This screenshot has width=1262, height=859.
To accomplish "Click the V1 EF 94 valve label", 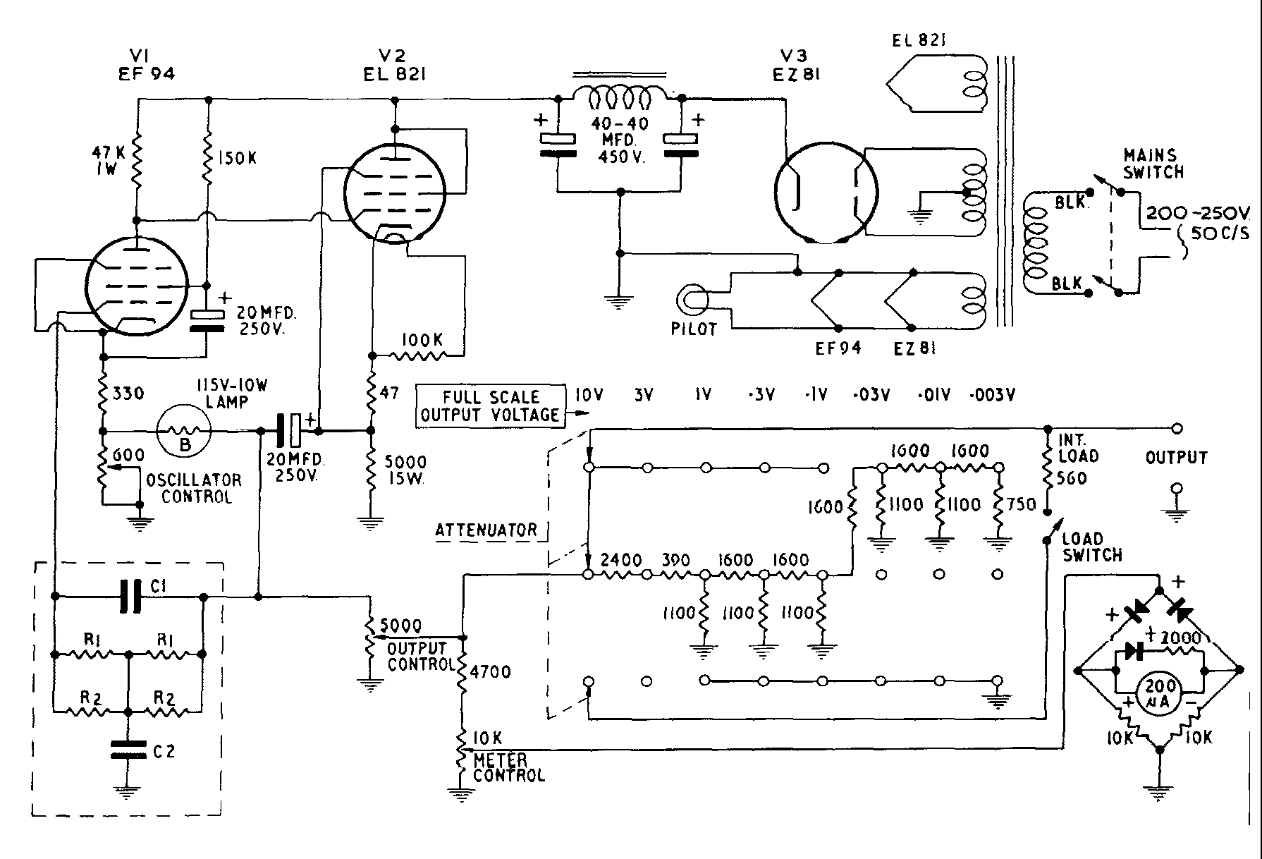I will [146, 64].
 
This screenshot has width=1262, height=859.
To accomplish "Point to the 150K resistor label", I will [237, 159].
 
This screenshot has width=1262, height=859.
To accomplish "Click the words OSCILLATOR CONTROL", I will [195, 488].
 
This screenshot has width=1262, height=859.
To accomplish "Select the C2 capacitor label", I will [164, 752].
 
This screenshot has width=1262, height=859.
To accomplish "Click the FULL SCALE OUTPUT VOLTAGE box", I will [491, 406].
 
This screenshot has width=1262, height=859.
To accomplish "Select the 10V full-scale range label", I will [588, 396].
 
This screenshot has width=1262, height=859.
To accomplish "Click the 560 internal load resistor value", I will [1072, 479].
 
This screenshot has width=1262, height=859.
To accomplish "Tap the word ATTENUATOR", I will [486, 530].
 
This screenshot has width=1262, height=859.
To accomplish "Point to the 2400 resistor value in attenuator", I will [620, 561].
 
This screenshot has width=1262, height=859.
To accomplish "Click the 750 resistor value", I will [1021, 504].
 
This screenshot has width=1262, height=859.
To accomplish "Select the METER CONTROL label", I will [508, 767].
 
